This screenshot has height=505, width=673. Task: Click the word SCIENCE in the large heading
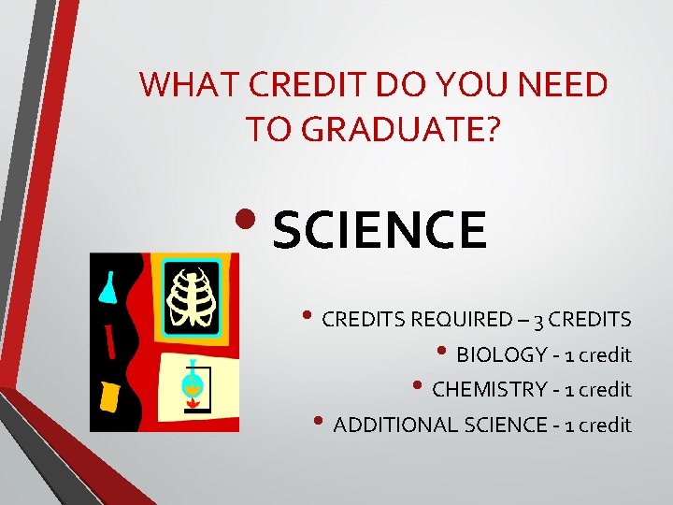(380, 231)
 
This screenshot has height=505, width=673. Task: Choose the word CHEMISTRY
(493, 389)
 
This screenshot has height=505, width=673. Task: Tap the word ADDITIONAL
(394, 425)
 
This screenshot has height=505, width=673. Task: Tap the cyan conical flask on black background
(107, 286)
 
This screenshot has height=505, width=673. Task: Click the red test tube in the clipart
(110, 340)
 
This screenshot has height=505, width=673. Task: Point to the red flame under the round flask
(195, 405)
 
